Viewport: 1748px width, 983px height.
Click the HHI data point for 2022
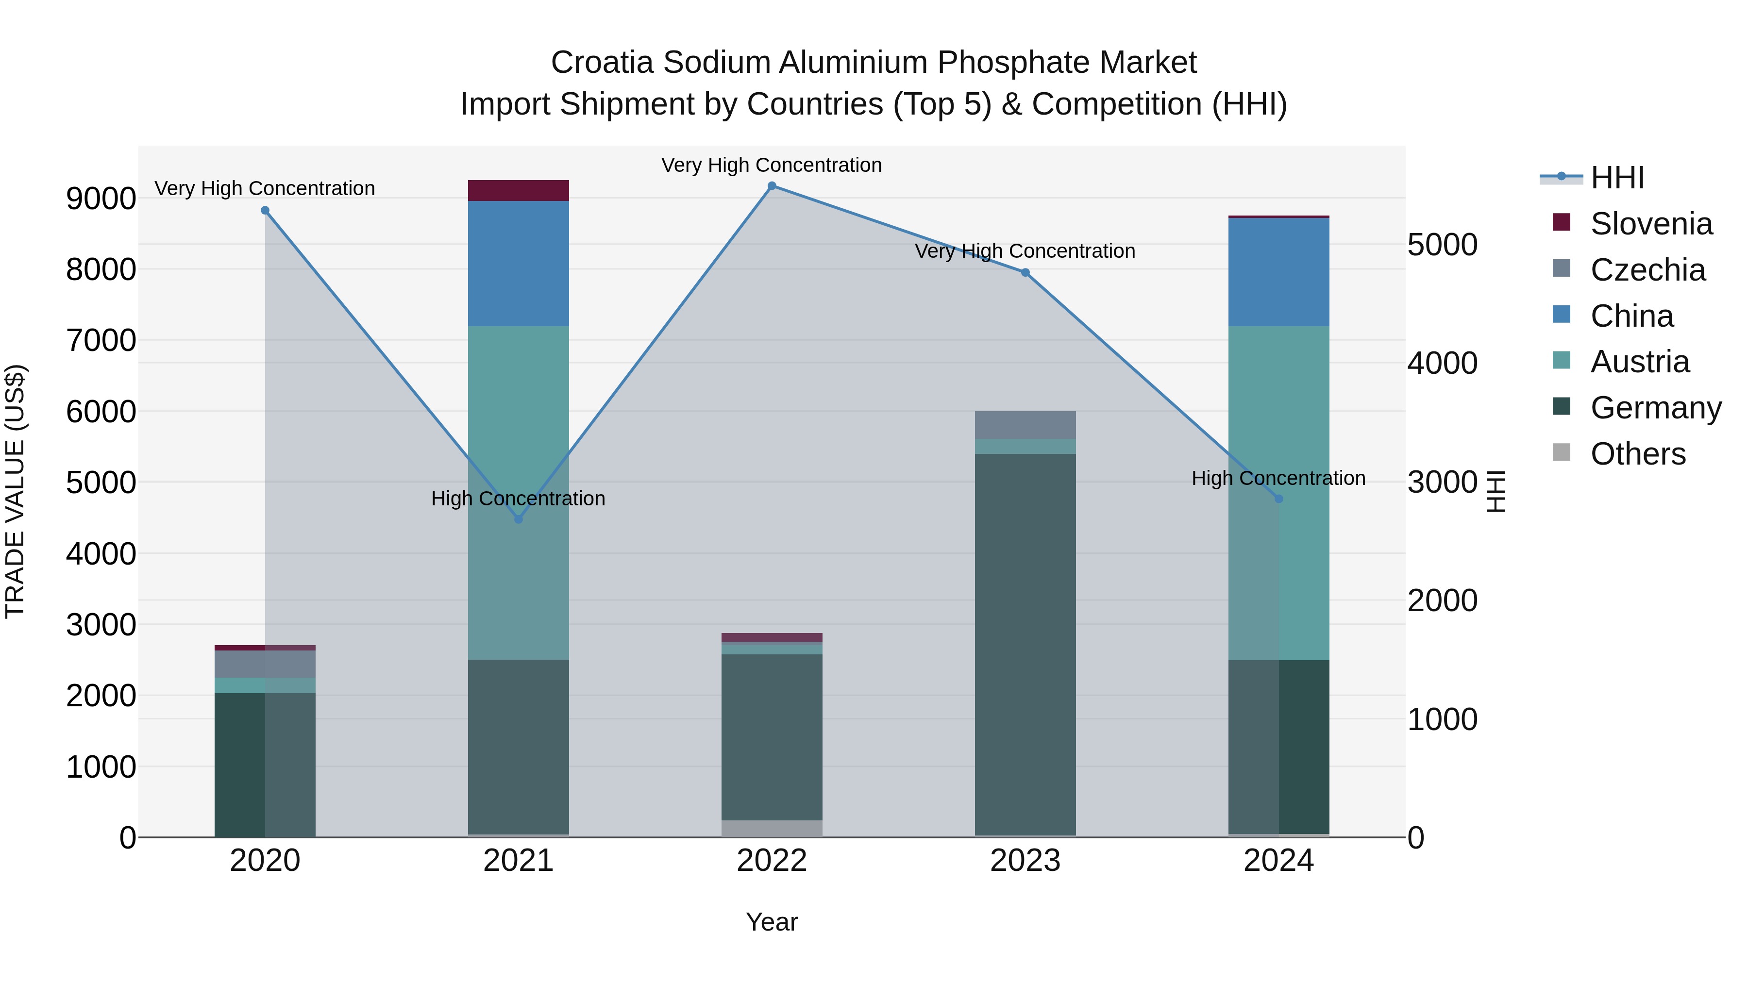(772, 186)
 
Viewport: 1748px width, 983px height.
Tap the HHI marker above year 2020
(265, 210)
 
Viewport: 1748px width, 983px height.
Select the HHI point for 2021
(519, 519)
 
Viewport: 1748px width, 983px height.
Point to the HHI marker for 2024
(1278, 499)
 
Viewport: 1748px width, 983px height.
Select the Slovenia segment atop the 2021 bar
(519, 191)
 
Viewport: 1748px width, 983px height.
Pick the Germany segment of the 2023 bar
(1025, 645)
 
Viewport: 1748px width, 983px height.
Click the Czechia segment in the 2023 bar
(1025, 425)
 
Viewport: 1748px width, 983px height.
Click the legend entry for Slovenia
(1651, 224)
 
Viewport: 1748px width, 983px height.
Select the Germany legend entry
(1656, 408)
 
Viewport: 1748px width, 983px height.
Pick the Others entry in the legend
(1637, 454)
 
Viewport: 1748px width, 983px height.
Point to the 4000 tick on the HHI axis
(1442, 363)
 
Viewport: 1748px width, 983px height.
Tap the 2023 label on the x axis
(1025, 861)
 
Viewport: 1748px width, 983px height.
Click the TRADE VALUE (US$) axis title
(15, 491)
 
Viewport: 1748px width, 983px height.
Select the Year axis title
(772, 922)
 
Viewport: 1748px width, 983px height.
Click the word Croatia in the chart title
(603, 63)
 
